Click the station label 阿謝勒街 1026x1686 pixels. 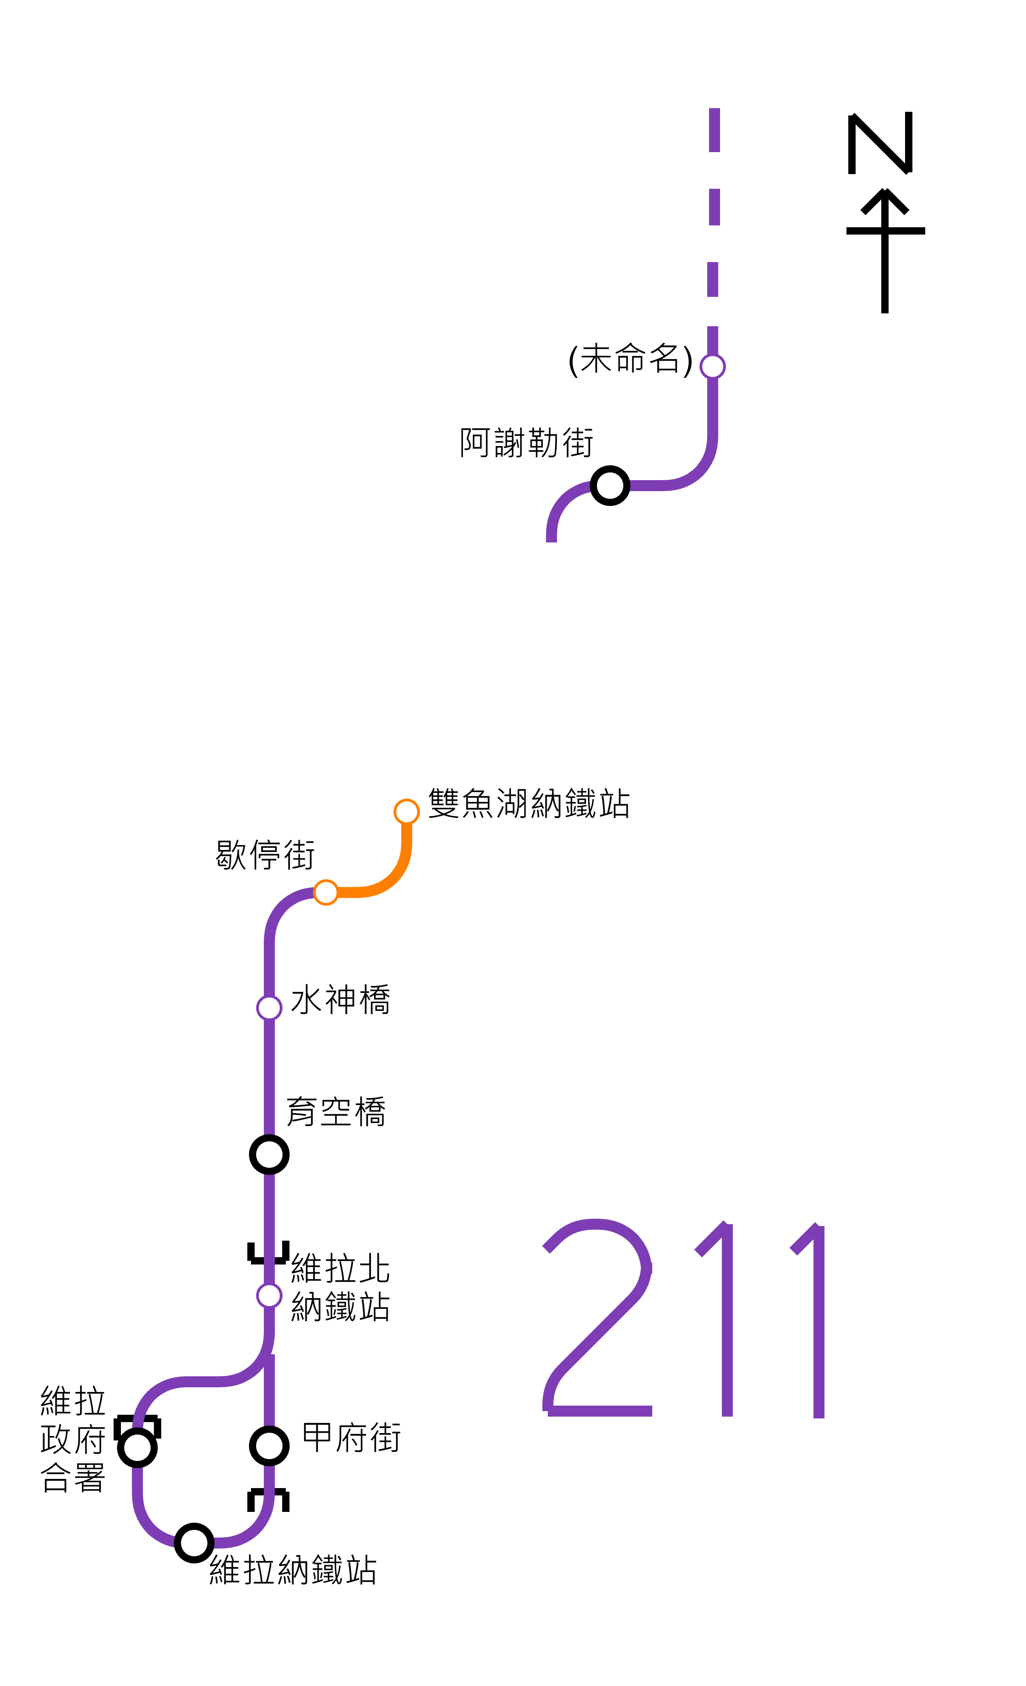click(526, 443)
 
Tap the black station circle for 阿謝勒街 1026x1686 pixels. click(609, 486)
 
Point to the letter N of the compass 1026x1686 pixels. click(880, 144)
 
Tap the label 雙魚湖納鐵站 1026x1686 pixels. click(529, 803)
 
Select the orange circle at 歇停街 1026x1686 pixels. click(326, 892)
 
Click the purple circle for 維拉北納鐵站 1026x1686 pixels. click(269, 1295)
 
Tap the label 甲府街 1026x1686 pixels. click(351, 1437)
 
